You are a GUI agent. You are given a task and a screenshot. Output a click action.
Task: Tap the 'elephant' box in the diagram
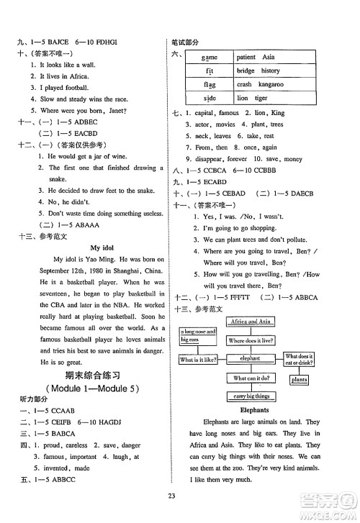[251, 358]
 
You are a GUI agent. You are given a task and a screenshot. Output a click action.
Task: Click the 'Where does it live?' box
[251, 340]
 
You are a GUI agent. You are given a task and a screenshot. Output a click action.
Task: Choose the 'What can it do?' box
[251, 377]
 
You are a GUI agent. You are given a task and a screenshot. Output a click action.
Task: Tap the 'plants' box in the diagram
[300, 379]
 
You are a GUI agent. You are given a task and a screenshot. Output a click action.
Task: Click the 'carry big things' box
[251, 396]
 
